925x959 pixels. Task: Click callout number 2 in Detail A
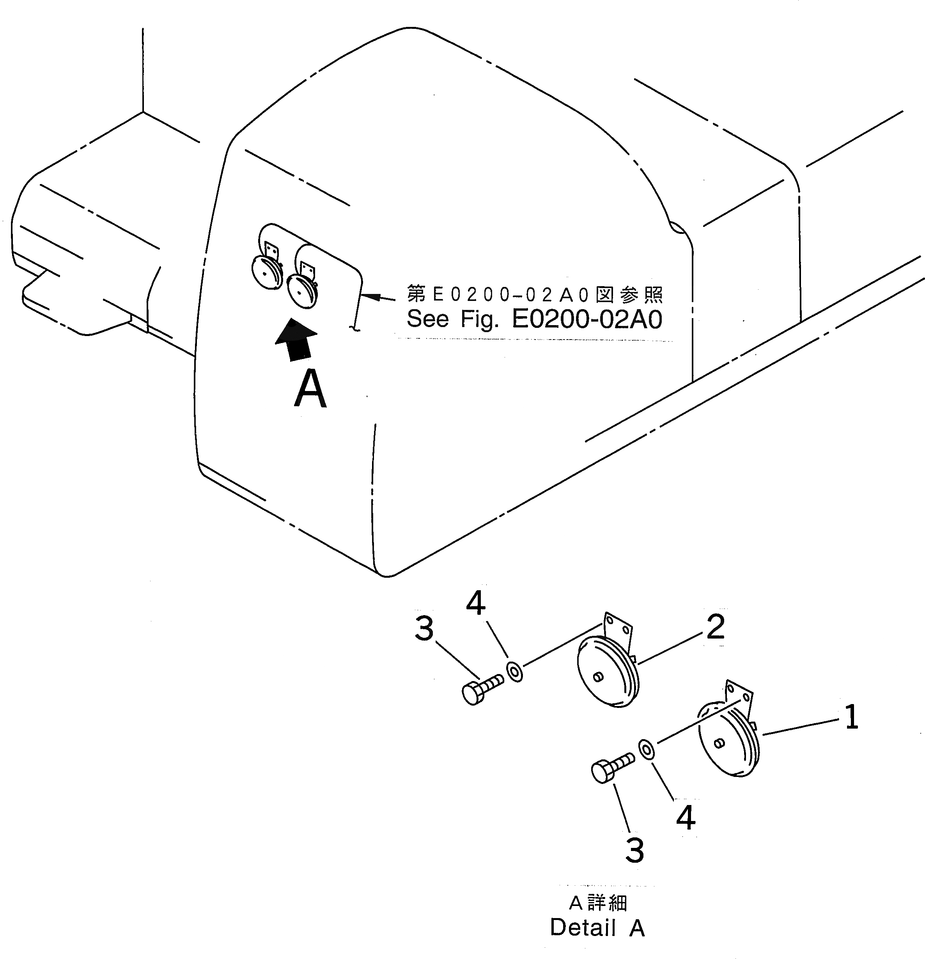click(715, 627)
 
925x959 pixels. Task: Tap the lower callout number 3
click(635, 850)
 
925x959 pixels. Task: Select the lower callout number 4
click(685, 817)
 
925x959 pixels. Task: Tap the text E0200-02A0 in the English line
click(587, 320)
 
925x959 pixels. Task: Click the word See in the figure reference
click(427, 320)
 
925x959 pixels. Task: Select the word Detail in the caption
click(582, 927)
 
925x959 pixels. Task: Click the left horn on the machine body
click(267, 272)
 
